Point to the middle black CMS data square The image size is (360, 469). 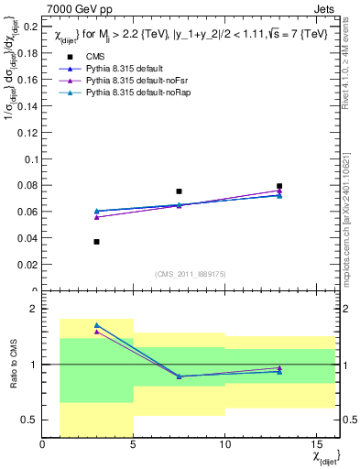click(179, 191)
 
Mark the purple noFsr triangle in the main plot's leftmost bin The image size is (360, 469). click(96, 217)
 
